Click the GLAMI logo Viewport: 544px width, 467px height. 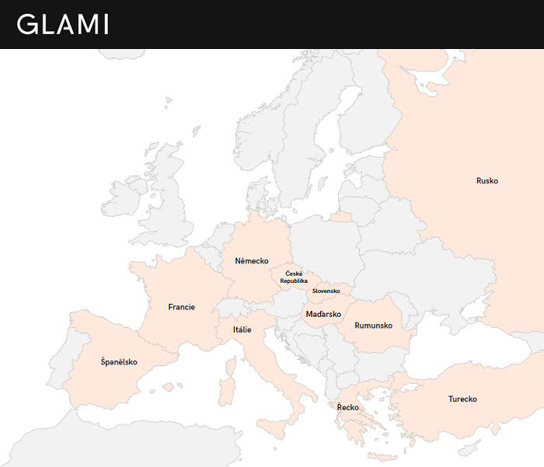tap(63, 24)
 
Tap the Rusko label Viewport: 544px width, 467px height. tap(487, 181)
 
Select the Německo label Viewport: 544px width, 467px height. tap(252, 261)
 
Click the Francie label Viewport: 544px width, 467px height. tap(181, 307)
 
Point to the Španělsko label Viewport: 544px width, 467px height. tap(119, 362)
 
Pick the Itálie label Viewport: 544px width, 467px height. tap(242, 329)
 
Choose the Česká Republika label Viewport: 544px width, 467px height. tap(295, 277)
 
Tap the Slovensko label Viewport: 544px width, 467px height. tap(326, 291)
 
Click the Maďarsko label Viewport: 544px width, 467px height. tap(323, 314)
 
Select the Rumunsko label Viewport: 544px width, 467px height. tap(375, 325)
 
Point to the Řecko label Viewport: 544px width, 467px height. tap(347, 407)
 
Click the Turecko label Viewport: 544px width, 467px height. tap(462, 399)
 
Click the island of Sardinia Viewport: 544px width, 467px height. tap(227, 392)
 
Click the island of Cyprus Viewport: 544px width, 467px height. tap(469, 448)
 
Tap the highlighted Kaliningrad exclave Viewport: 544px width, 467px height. tap(340, 218)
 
